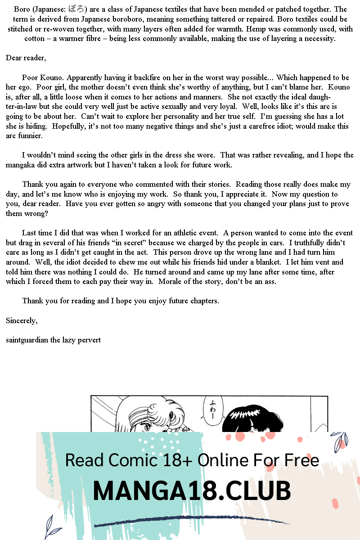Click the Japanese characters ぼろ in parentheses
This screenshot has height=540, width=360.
pos(77,9)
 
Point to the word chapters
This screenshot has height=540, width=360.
pos(203,301)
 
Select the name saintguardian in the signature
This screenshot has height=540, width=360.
pos(27,340)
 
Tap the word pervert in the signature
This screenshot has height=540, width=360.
pos(89,340)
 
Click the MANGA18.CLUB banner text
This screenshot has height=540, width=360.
pos(192,490)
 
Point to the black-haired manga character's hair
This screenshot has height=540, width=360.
pos(246,416)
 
